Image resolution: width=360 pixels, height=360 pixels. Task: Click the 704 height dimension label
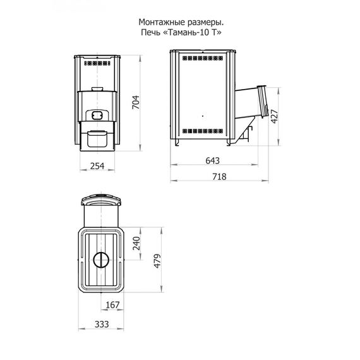(x=136, y=102)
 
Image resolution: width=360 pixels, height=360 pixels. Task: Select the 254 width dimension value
(x=97, y=165)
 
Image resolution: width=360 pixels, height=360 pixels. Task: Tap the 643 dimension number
(x=213, y=160)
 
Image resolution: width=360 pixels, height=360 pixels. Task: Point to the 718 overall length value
(x=219, y=177)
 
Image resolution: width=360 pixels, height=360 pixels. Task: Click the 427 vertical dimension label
(x=274, y=116)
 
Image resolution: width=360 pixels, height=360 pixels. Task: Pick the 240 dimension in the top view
(x=136, y=243)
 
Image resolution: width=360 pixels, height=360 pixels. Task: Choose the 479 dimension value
(x=157, y=261)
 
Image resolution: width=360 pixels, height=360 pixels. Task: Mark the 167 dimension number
(x=112, y=305)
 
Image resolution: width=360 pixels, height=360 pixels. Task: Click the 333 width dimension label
(x=102, y=324)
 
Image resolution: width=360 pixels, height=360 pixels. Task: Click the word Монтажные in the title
(x=162, y=23)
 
